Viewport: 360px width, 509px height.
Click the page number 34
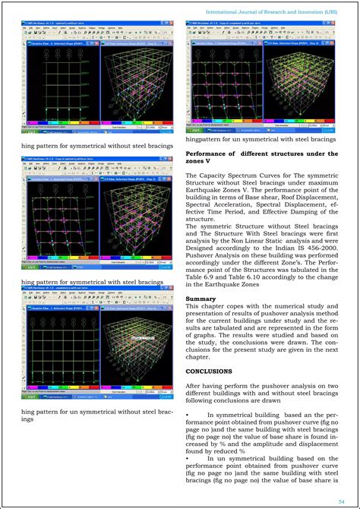[343, 499]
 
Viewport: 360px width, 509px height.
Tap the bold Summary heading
[200, 299]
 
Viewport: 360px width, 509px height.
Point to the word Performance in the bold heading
[210, 153]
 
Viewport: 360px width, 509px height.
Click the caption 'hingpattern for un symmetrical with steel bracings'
[261, 140]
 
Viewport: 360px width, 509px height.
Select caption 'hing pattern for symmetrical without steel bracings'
[97, 146]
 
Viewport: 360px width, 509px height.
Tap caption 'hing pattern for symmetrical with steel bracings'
[93, 282]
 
